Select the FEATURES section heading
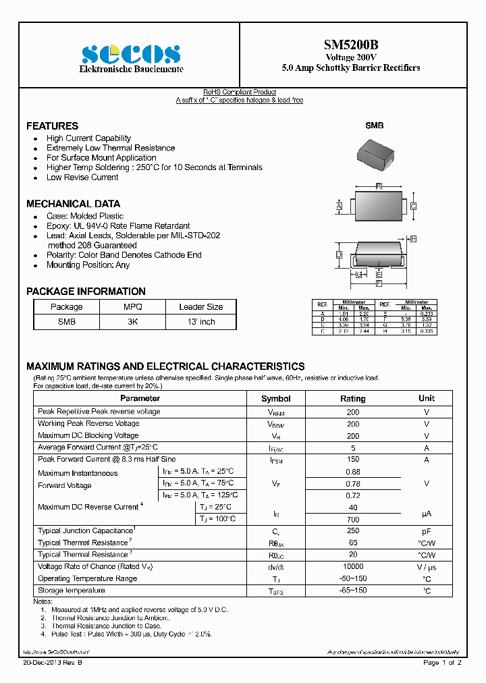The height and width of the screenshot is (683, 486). pyautogui.click(x=52, y=126)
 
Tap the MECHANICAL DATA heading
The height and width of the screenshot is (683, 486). pyautogui.click(x=73, y=204)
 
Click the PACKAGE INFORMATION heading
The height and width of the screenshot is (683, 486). pyautogui.click(x=86, y=292)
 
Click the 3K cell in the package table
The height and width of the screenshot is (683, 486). pyautogui.click(x=132, y=322)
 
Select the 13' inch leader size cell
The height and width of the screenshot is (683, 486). pyautogui.click(x=200, y=322)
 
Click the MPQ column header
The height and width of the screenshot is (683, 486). pyautogui.click(x=132, y=306)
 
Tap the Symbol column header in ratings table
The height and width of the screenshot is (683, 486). pyautogui.click(x=275, y=398)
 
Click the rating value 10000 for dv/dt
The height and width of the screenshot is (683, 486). pyautogui.click(x=352, y=567)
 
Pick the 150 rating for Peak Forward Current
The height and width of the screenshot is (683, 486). pyautogui.click(x=352, y=459)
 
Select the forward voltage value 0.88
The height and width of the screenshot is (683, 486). pyautogui.click(x=352, y=472)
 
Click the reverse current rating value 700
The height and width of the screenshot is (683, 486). pyautogui.click(x=352, y=520)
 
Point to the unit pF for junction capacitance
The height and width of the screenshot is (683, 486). pyautogui.click(x=427, y=531)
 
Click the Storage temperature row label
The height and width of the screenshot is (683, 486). pyautogui.click(x=72, y=591)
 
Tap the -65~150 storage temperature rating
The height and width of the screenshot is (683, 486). pyautogui.click(x=352, y=591)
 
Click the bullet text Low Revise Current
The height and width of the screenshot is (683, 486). pyautogui.click(x=82, y=177)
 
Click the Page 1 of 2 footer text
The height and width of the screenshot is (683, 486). pyautogui.click(x=442, y=663)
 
